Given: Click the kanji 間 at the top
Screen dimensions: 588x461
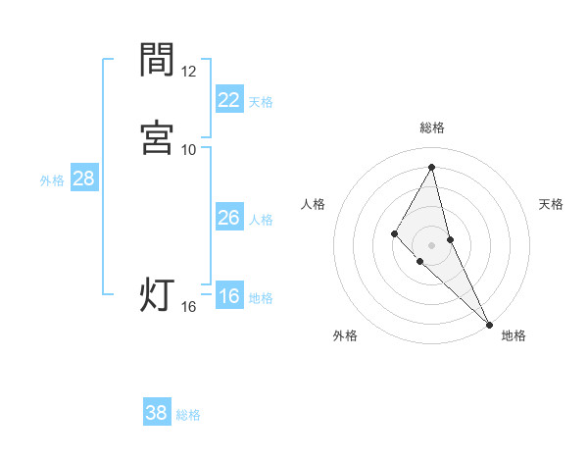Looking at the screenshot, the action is [x=157, y=60].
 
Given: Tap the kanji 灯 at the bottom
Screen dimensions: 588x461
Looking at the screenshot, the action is [x=157, y=294].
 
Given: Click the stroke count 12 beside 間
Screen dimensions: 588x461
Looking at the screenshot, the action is [x=189, y=72].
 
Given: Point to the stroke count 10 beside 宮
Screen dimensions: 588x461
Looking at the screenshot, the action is [x=189, y=149].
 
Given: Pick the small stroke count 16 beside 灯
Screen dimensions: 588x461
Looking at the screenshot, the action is [x=189, y=307].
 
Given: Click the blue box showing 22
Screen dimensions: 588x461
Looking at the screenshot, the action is [x=229, y=100].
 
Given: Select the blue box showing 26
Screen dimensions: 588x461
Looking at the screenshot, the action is [x=229, y=218].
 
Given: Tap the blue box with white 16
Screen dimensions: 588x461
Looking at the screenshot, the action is [x=229, y=297].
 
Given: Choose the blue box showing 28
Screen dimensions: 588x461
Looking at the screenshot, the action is [x=83, y=179].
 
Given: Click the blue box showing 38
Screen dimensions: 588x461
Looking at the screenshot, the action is [x=157, y=413].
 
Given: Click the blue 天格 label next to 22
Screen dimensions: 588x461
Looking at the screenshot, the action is [x=261, y=101].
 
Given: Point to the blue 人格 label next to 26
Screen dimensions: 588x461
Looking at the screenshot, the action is [x=261, y=219].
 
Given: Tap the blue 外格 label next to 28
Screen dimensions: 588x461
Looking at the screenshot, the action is [x=52, y=179].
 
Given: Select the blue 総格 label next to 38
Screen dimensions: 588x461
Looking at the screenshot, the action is [x=188, y=414].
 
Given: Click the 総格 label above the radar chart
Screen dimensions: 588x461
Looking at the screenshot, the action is [x=432, y=128].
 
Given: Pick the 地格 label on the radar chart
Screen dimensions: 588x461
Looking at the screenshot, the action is [x=514, y=335].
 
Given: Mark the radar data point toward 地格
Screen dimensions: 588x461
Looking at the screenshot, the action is [x=488, y=323].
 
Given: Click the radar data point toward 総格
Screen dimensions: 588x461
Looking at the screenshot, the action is [x=432, y=167].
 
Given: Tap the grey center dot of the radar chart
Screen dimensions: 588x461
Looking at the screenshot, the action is [x=432, y=244].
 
